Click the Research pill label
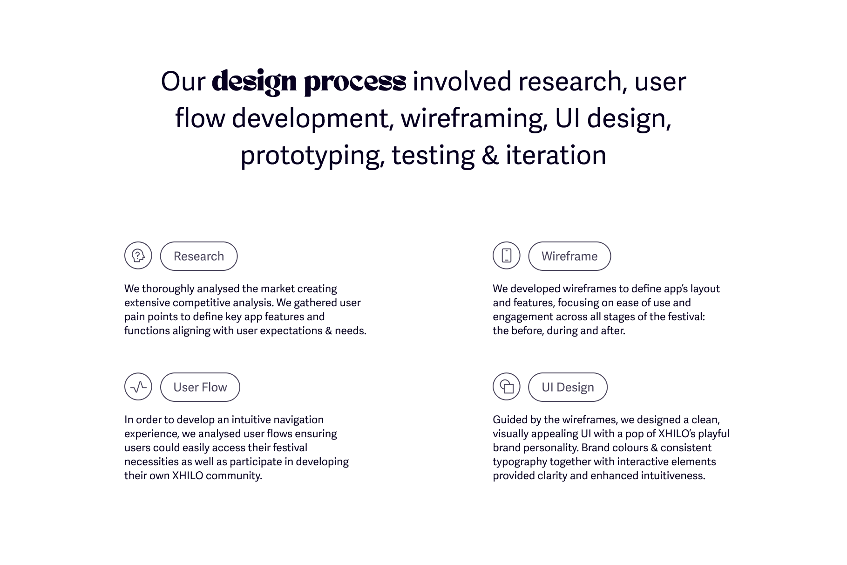pos(198,256)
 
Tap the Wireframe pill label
pos(569,256)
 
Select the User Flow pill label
pos(200,387)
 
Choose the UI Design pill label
pos(568,387)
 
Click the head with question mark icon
pos(138,255)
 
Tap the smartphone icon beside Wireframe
pos(506,255)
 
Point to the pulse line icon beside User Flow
pos(138,386)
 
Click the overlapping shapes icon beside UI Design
pos(506,386)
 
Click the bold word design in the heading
pos(254,82)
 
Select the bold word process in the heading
pos(355,82)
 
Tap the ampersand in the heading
pos(490,155)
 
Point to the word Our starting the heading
pos(183,82)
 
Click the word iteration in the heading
pos(556,155)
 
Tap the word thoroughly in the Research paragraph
pos(168,289)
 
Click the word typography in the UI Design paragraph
pos(520,462)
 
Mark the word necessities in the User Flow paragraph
pos(151,462)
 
